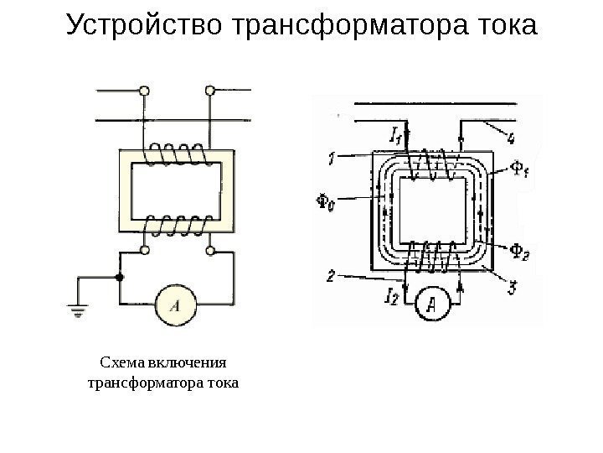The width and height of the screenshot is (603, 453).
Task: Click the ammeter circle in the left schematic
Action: [x=176, y=305]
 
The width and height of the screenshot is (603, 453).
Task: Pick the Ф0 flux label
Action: [x=328, y=202]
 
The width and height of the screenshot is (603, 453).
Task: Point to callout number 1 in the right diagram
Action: [x=332, y=157]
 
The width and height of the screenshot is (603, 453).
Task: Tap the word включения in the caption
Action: [x=186, y=363]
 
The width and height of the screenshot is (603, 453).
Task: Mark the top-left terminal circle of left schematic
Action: [x=145, y=89]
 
